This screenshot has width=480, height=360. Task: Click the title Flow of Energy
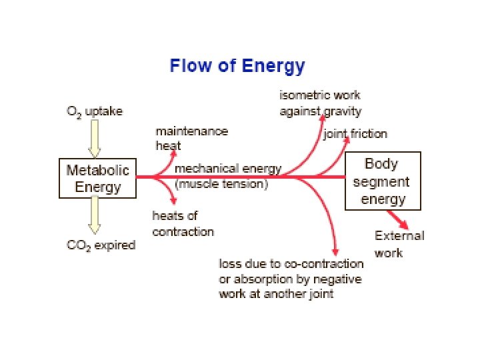[237, 67]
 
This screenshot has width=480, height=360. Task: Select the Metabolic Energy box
[97, 178]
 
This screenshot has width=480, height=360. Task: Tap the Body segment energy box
[382, 181]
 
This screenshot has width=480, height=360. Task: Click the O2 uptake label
[95, 111]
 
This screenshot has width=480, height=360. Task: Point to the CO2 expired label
[101, 245]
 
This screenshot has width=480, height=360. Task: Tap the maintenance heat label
[191, 138]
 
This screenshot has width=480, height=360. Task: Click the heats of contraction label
[183, 223]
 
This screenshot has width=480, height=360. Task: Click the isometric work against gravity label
[320, 103]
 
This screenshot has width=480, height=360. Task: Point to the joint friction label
[355, 134]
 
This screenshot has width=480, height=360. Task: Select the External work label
[399, 243]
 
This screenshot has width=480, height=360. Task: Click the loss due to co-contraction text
[291, 279]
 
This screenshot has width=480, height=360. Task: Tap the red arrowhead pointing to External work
[403, 224]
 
